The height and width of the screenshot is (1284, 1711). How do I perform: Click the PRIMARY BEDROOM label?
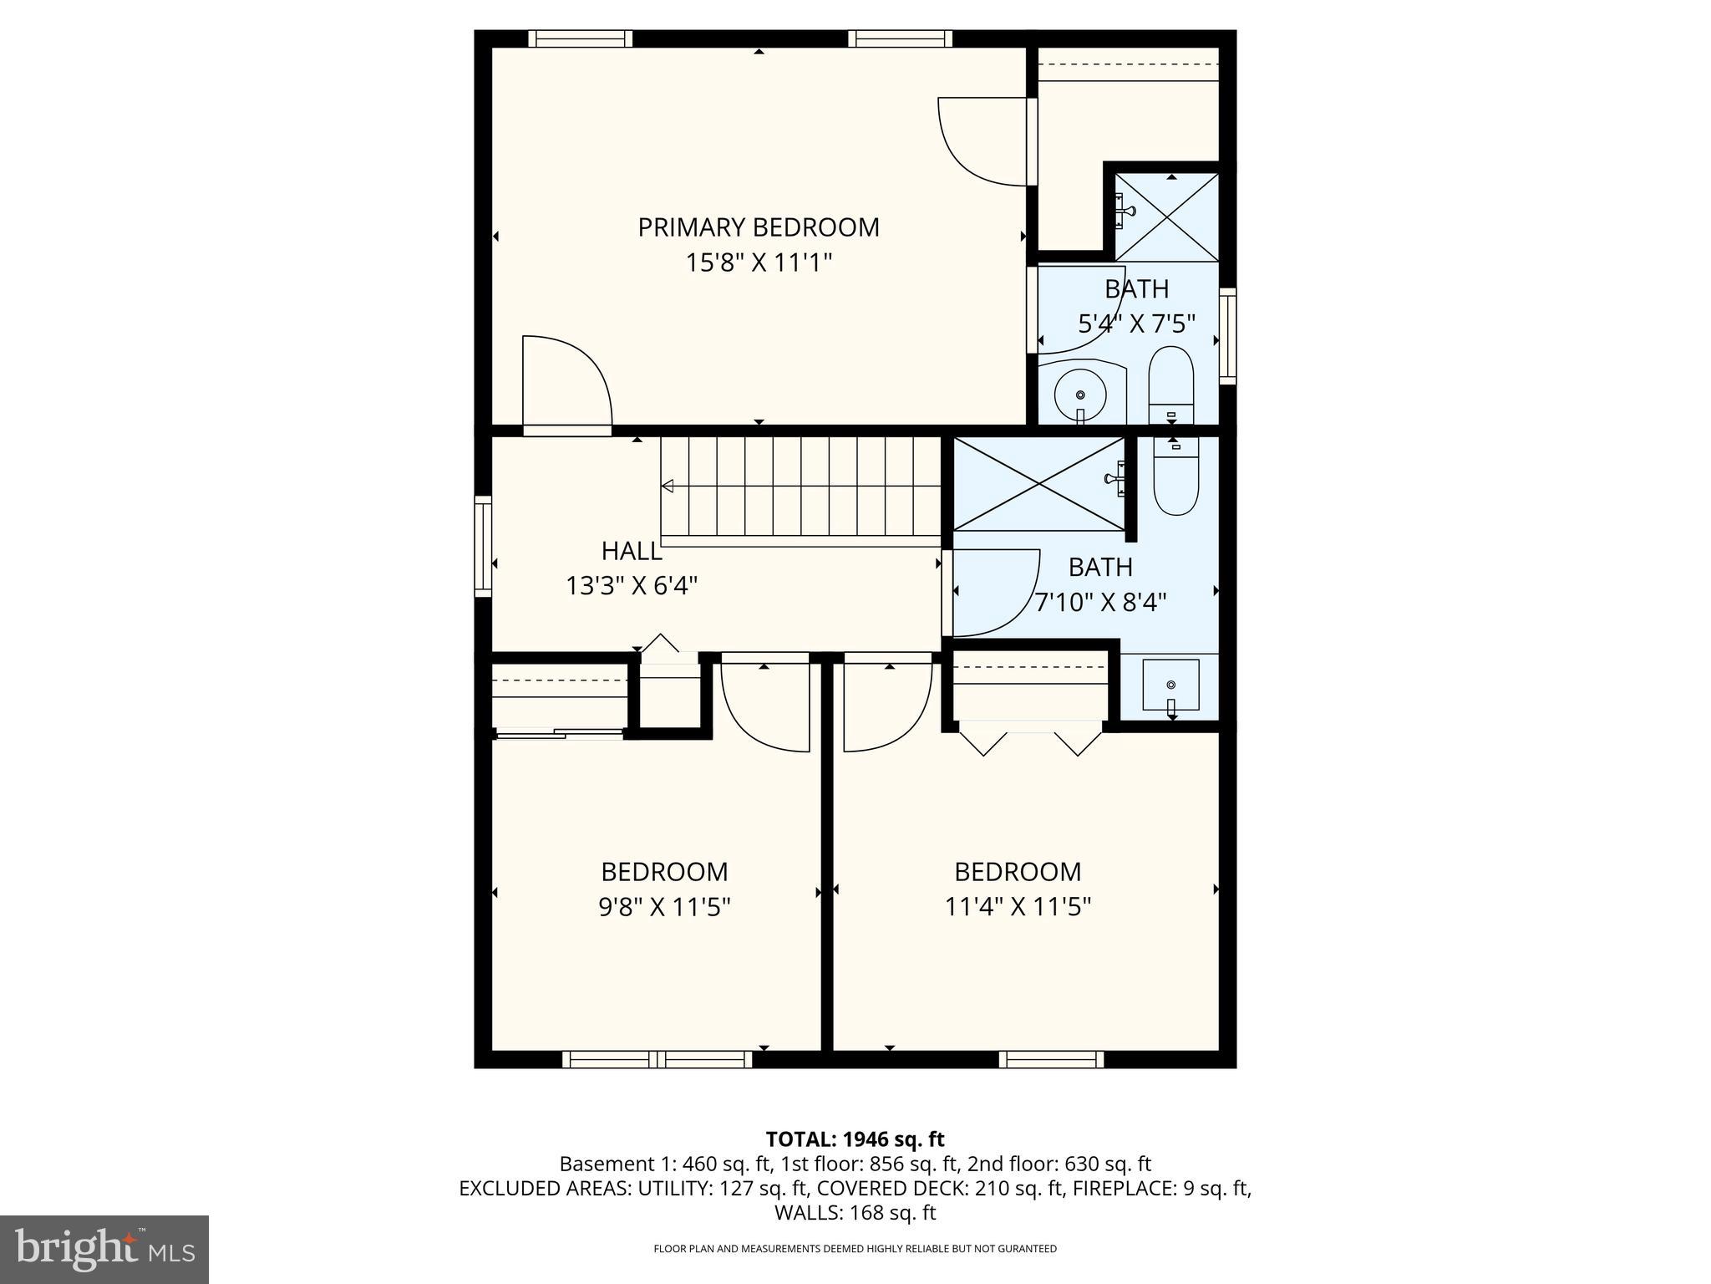coord(758,227)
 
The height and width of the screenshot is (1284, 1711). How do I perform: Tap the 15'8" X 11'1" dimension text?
coord(758,263)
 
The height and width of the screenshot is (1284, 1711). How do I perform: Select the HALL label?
coord(632,551)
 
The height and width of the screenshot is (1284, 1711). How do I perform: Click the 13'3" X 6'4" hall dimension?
coord(632,586)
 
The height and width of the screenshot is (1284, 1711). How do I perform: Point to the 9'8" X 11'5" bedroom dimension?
coord(664,907)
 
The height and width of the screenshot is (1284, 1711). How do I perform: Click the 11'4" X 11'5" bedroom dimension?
coord(1018,907)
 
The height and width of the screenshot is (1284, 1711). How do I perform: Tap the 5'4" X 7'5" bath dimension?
coord(1136,324)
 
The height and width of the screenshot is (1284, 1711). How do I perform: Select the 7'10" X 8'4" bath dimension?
coord(1100,602)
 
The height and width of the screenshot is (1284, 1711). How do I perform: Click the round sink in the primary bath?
coord(1080,394)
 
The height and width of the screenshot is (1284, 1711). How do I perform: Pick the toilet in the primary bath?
coord(1171,385)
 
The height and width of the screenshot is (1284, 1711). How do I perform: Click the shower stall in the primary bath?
coord(1167,217)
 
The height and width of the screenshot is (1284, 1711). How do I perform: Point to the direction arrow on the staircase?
coord(668,486)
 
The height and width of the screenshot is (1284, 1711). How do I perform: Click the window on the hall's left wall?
coord(483,547)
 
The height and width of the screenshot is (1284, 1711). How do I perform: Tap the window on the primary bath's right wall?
coord(1226,335)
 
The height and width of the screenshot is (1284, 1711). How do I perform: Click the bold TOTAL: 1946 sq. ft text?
coord(855,1139)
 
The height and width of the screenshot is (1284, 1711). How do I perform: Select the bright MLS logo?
coord(104,1249)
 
